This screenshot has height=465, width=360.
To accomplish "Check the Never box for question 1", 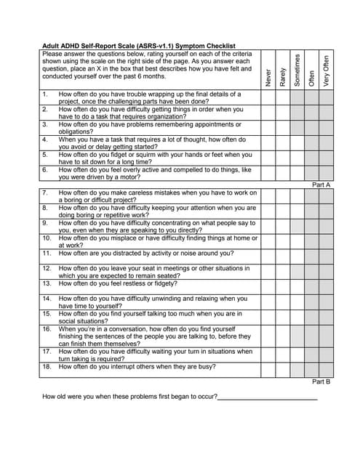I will point(268,98).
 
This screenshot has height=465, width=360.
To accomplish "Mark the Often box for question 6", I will point(312,174).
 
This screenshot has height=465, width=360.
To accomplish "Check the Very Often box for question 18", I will point(326,367).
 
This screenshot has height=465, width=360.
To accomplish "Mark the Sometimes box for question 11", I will point(297,254).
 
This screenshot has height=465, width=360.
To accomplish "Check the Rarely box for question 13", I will point(283,283).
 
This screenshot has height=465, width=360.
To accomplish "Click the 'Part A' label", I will point(321,185).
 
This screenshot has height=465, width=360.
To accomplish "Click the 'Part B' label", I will point(321,381).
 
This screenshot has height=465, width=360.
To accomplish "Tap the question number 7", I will point(44,193).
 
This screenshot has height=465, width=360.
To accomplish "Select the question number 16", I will point(46,328).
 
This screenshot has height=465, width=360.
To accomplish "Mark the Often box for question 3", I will point(312,128).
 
